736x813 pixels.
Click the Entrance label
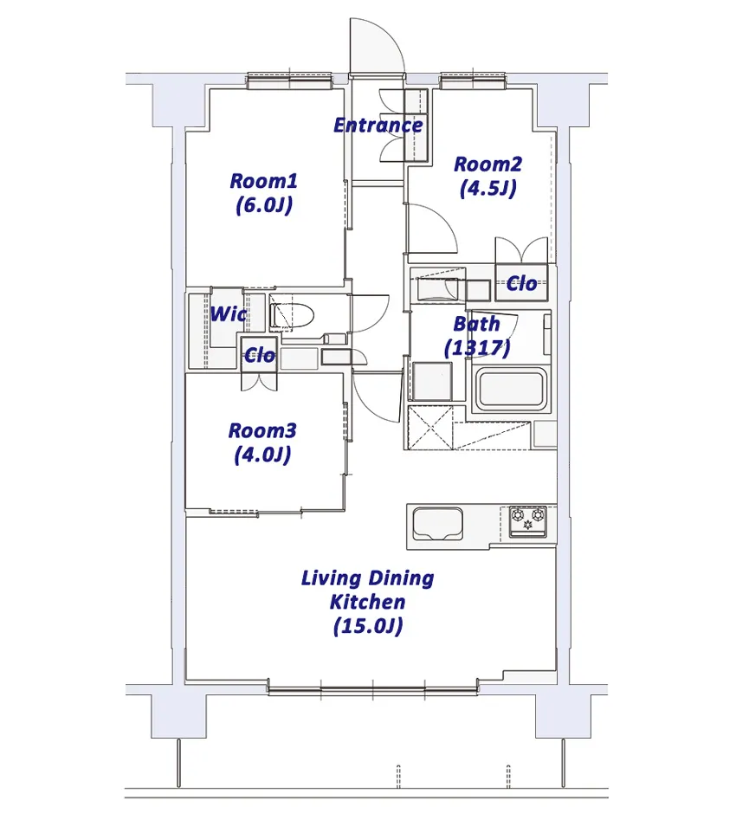[378, 126]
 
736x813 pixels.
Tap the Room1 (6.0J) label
[264, 193]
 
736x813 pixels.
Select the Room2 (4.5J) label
[487, 177]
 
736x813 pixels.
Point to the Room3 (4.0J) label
[262, 442]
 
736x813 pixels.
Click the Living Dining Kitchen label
[368, 602]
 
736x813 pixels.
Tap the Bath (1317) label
[477, 335]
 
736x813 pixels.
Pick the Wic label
[229, 313]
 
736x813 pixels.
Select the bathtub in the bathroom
[512, 389]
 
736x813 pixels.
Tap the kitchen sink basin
[437, 524]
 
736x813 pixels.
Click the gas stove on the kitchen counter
[528, 521]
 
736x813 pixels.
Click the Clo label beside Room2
[521, 284]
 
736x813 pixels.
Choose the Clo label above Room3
[260, 356]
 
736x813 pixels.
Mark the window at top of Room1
[289, 80]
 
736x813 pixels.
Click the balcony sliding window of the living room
[373, 689]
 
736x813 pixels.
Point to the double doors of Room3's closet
[259, 381]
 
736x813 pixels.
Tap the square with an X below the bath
[430, 428]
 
